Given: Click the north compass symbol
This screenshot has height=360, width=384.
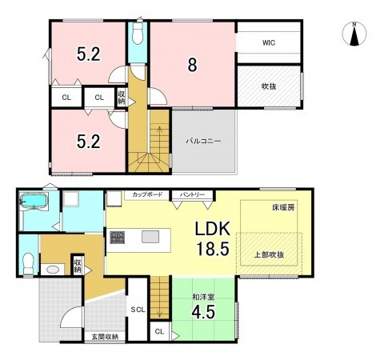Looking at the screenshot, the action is [354, 34].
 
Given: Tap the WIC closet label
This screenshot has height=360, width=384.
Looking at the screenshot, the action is [269, 42].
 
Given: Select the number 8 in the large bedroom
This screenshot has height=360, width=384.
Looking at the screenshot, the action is [192, 65].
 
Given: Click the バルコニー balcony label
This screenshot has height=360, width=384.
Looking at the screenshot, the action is [203, 141].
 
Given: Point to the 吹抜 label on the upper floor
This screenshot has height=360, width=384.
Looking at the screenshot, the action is [269, 86].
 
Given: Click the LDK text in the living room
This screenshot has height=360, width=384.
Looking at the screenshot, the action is [213, 229].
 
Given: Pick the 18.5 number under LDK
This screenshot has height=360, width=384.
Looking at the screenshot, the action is [213, 249].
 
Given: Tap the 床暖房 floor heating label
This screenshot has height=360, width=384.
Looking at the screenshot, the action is [283, 207].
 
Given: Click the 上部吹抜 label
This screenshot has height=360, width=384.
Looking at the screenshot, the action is [269, 255].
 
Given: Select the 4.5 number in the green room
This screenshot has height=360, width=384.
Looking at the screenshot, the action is [203, 312].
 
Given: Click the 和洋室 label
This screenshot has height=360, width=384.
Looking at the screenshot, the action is [203, 297].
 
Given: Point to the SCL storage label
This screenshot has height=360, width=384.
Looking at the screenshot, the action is [138, 310].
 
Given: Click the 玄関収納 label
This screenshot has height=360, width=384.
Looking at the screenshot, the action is [105, 337].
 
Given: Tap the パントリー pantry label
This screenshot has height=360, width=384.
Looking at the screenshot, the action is [192, 194].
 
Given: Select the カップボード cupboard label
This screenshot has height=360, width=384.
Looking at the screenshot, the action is [147, 194].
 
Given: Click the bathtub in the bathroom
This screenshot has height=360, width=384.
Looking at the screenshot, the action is [34, 200].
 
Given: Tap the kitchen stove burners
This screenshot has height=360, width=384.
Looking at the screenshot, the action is [118, 238].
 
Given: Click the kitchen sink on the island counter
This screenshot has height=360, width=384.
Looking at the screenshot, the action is [150, 237].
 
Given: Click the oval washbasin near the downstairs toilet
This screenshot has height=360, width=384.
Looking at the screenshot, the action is [53, 270].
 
